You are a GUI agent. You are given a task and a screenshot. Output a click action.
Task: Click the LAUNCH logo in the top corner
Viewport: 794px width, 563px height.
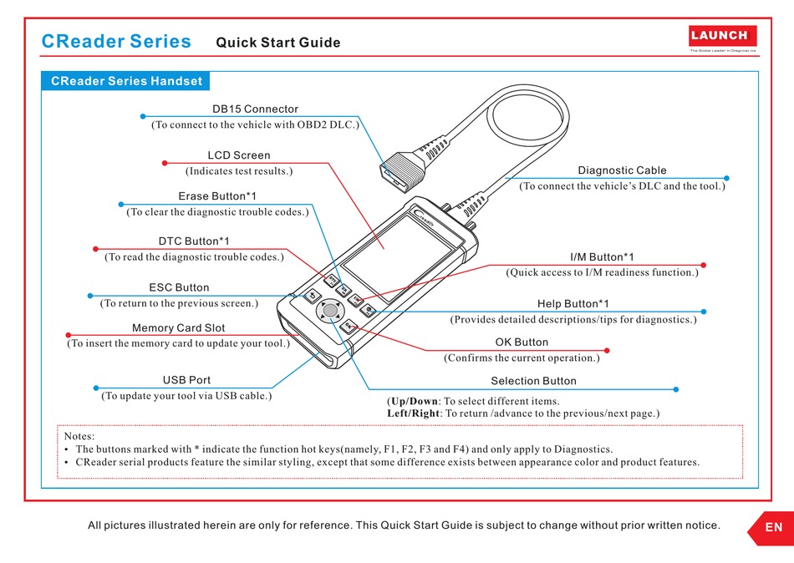[723, 36]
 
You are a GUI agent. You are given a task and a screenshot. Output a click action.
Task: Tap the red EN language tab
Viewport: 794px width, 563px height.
[773, 527]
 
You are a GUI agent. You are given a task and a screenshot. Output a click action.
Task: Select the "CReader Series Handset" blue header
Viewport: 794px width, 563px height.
[126, 81]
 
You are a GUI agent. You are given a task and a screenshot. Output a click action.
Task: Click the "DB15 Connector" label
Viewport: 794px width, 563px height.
[255, 109]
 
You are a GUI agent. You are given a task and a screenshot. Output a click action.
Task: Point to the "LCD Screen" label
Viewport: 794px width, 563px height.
[239, 155]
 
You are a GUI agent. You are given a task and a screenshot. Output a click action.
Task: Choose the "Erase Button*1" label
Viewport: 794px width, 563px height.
[217, 196]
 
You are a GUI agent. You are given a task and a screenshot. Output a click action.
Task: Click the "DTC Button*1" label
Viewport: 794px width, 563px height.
[194, 241]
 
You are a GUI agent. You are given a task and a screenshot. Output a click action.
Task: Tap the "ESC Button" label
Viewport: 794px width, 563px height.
[179, 287]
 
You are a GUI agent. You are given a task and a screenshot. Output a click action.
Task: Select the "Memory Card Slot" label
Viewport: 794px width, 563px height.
[178, 328]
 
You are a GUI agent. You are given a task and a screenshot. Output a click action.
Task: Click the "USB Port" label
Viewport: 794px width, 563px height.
[186, 380]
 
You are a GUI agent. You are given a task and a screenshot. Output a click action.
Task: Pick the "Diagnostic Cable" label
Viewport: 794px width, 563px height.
[622, 170]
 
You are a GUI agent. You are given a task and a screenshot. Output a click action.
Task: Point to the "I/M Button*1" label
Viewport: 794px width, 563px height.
[602, 257]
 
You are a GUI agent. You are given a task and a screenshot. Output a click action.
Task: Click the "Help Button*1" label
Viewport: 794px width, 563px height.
[573, 304]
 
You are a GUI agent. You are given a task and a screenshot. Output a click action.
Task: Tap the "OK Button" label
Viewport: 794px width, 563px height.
[522, 342]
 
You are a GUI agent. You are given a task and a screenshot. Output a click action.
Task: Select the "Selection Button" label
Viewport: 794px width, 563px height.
[533, 381]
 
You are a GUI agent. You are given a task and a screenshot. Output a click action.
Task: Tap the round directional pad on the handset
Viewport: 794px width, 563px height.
[331, 311]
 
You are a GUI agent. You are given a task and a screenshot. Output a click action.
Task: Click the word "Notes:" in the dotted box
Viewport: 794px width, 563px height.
[79, 436]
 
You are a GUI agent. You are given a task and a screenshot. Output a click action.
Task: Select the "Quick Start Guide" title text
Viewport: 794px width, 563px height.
[278, 43]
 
